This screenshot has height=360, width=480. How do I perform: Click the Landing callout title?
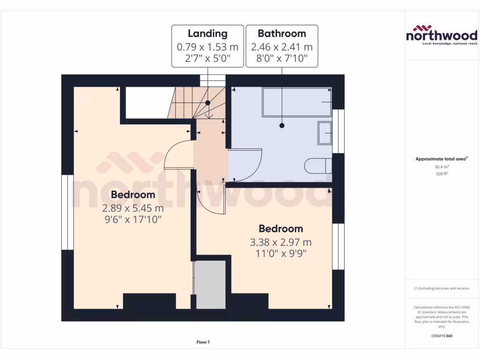point(208,33)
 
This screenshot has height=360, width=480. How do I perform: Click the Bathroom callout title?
point(282,33)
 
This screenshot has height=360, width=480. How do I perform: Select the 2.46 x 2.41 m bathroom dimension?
point(282,47)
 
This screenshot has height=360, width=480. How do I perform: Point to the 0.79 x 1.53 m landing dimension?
point(208,47)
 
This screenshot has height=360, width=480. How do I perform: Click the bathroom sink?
point(325,133)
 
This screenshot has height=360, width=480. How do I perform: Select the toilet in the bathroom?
point(319,166)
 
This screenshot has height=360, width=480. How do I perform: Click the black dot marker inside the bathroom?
point(282,126)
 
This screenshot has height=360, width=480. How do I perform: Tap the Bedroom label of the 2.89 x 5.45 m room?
point(133,195)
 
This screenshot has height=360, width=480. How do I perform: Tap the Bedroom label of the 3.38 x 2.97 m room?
point(281,229)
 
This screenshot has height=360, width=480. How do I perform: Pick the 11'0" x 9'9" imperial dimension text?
point(281,254)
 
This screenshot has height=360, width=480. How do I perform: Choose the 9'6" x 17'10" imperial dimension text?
point(133,219)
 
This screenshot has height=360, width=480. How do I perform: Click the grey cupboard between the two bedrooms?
point(210,285)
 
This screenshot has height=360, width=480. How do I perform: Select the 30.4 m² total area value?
point(442,166)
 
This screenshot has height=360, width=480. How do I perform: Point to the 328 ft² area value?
point(442,173)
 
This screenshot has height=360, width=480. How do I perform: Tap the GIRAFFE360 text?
point(442,336)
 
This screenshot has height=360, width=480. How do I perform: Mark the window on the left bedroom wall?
point(67,212)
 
